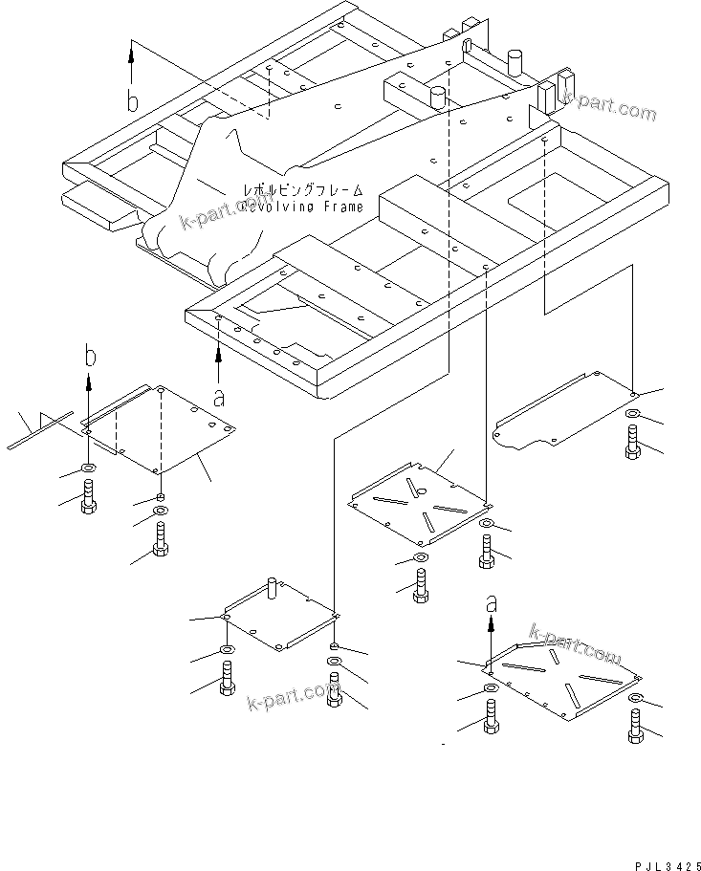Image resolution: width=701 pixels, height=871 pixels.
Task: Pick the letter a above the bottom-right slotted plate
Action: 492,602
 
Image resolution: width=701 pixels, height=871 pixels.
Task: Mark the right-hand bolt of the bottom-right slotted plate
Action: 637,728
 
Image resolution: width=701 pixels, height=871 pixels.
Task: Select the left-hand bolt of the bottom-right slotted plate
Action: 492,716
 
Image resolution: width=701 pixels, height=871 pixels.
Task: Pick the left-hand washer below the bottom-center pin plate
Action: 228,652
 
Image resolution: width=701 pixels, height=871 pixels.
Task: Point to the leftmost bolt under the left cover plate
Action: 89,496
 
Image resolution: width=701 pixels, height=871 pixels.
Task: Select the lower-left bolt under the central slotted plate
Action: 421,585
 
